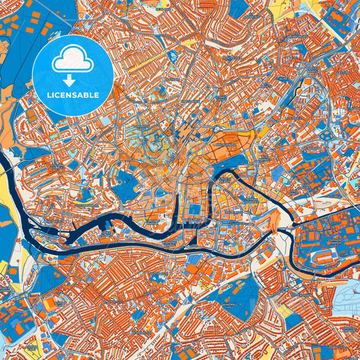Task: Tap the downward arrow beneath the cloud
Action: point(72,79)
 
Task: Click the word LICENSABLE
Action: point(72,95)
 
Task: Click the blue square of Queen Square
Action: point(195,210)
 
